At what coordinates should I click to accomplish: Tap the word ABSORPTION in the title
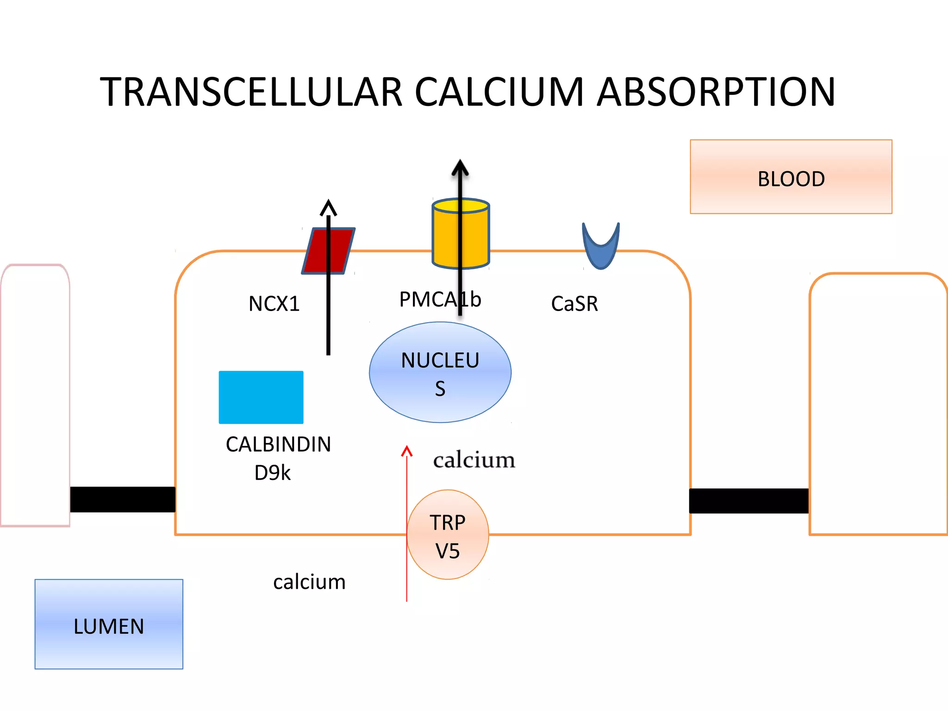point(716,92)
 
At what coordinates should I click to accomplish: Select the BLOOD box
point(791,177)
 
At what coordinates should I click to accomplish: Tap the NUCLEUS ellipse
point(440,373)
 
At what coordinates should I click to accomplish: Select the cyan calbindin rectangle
point(261,397)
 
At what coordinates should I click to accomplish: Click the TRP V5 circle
point(448,535)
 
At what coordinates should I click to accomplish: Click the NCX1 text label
point(274,304)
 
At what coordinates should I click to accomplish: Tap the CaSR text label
point(574,304)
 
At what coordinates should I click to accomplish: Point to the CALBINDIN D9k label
point(278,458)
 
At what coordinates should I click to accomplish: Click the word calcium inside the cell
point(474,460)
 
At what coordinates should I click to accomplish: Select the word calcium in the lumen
point(309,582)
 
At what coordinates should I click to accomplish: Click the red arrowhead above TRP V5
point(407,451)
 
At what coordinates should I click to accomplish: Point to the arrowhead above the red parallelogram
point(328,208)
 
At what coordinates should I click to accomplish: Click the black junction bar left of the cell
point(123,499)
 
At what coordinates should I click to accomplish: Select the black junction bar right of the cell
point(748,501)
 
